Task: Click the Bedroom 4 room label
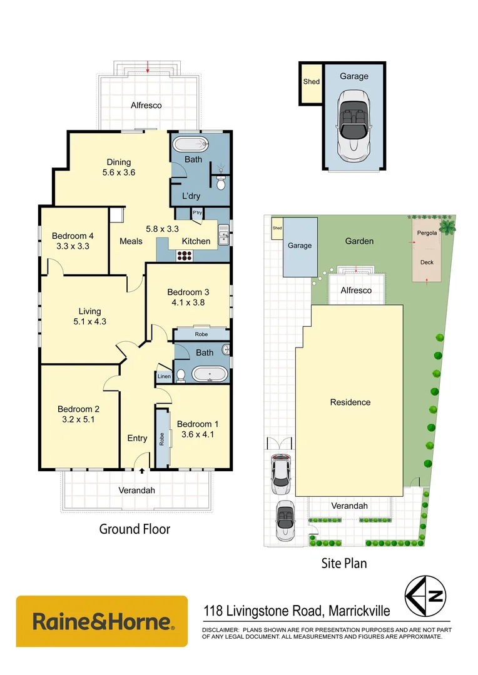[x=73, y=236]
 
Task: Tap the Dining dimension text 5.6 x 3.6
[x=118, y=173]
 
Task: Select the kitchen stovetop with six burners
[x=186, y=255]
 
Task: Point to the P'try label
[x=197, y=213]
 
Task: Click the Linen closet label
[x=163, y=376]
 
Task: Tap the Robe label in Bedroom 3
[x=201, y=334]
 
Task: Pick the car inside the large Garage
[x=353, y=126]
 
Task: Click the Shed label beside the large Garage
[x=311, y=82]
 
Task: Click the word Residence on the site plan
[x=350, y=402]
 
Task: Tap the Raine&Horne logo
[x=102, y=621]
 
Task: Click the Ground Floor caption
[x=135, y=529]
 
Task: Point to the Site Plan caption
[x=344, y=563]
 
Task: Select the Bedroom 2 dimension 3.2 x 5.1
[x=79, y=420]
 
